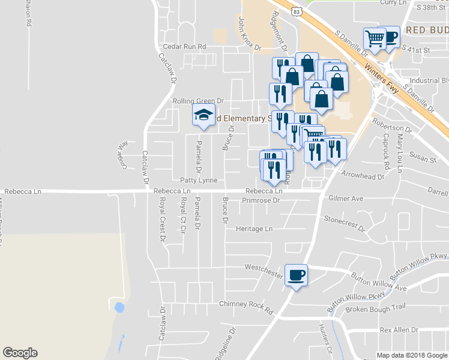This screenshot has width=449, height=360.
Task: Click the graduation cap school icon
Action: tap(203, 114)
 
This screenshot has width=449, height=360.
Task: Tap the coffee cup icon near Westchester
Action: tap(296, 275)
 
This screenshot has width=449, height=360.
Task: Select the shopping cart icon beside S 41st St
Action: tap(375, 38)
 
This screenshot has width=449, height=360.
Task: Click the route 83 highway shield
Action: tap(295, 11)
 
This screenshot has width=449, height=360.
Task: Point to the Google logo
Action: tap(20, 353)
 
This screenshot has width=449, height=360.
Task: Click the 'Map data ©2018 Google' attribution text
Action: tap(412, 355)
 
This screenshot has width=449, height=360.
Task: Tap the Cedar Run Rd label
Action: tap(185, 47)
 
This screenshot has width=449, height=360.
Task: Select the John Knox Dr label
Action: tap(250, 33)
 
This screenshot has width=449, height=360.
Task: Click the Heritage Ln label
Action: tap(254, 229)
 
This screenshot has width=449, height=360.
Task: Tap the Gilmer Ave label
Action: tap(346, 198)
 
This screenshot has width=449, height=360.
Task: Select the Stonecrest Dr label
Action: tap(345, 223)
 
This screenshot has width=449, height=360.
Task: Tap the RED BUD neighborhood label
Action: tap(427, 30)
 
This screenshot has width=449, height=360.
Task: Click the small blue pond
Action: tap(119, 308)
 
